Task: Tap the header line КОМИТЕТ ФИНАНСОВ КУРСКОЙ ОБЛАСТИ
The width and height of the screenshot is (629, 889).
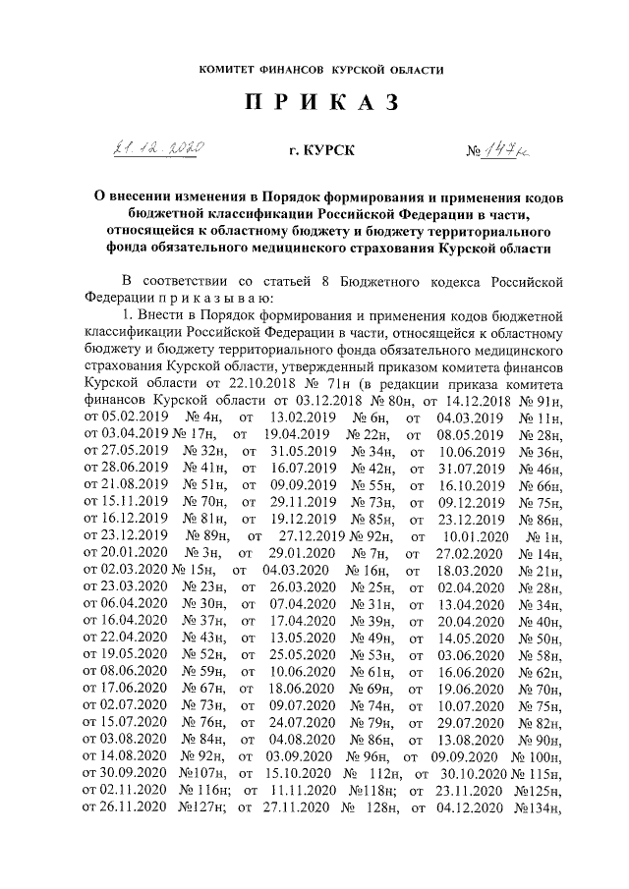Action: [x=314, y=71]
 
